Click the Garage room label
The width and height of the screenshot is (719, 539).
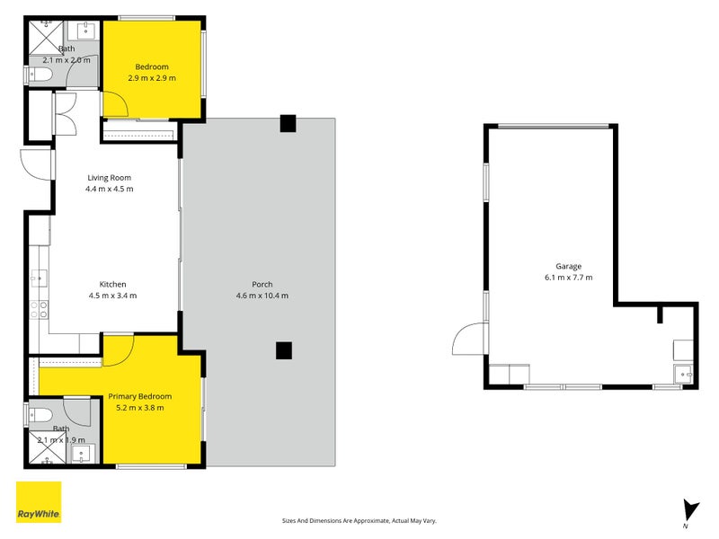[x=568, y=266]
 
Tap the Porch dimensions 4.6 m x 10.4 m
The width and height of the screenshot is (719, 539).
[x=262, y=296]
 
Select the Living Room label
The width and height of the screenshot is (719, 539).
[x=109, y=178]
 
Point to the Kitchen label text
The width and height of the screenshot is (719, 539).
[x=113, y=284]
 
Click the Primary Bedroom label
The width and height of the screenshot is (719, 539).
[x=140, y=396]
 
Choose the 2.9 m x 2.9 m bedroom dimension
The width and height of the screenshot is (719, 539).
[x=152, y=78]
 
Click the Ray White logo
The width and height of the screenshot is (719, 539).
[x=39, y=502]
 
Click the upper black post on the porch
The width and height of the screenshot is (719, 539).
[x=288, y=123]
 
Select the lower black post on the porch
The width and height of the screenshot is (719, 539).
[x=284, y=350]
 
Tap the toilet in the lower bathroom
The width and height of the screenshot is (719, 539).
[x=40, y=416]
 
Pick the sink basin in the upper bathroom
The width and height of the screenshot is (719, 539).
[x=85, y=31]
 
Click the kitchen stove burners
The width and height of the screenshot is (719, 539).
[x=39, y=309]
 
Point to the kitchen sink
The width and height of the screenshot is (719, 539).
[x=39, y=278]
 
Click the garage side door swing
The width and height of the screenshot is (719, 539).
[x=470, y=339]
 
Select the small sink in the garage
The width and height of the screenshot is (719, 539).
[x=684, y=375]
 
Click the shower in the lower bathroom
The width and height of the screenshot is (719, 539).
[x=48, y=447]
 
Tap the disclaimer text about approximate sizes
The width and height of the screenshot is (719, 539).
[x=359, y=521]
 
